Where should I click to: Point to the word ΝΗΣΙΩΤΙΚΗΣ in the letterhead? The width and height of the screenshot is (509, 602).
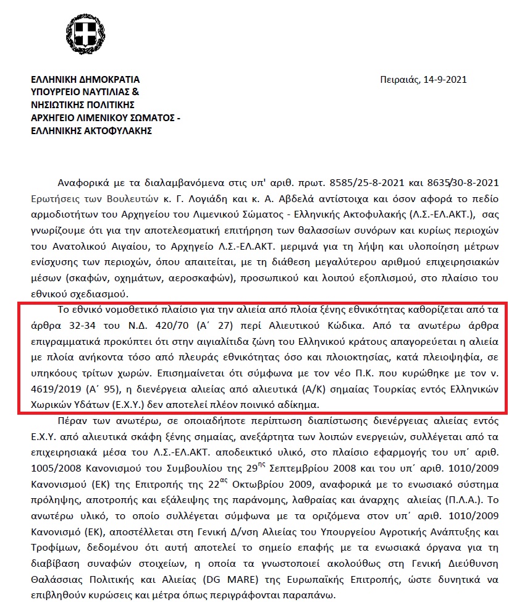[62, 105]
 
